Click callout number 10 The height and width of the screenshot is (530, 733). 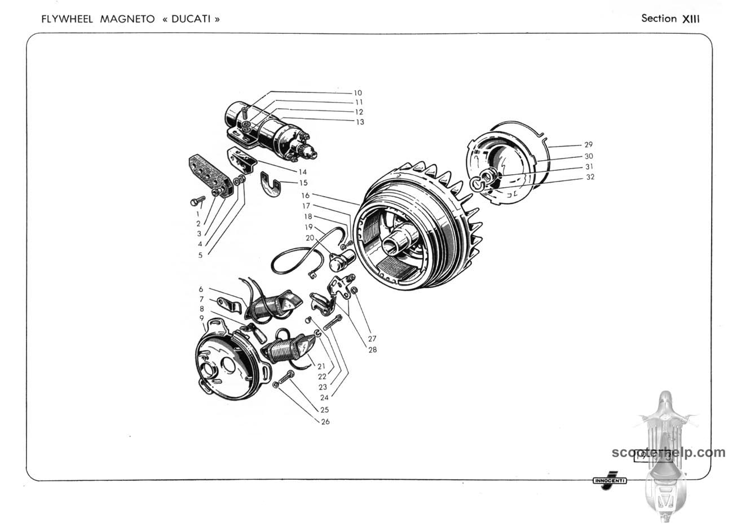(x=357, y=93)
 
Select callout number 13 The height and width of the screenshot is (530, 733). (x=359, y=122)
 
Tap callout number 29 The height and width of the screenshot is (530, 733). (x=588, y=145)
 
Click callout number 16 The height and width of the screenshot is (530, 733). (x=305, y=196)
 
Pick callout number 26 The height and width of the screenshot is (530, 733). (x=325, y=422)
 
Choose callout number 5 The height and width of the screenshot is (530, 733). (x=200, y=255)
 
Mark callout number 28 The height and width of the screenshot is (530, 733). (x=373, y=350)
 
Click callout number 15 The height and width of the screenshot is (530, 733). (x=303, y=183)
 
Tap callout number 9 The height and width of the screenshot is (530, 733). (x=201, y=318)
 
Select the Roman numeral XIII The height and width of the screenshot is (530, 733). (x=691, y=19)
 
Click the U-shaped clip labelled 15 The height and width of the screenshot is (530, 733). (x=272, y=187)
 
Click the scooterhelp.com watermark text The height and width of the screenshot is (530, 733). (x=668, y=452)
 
